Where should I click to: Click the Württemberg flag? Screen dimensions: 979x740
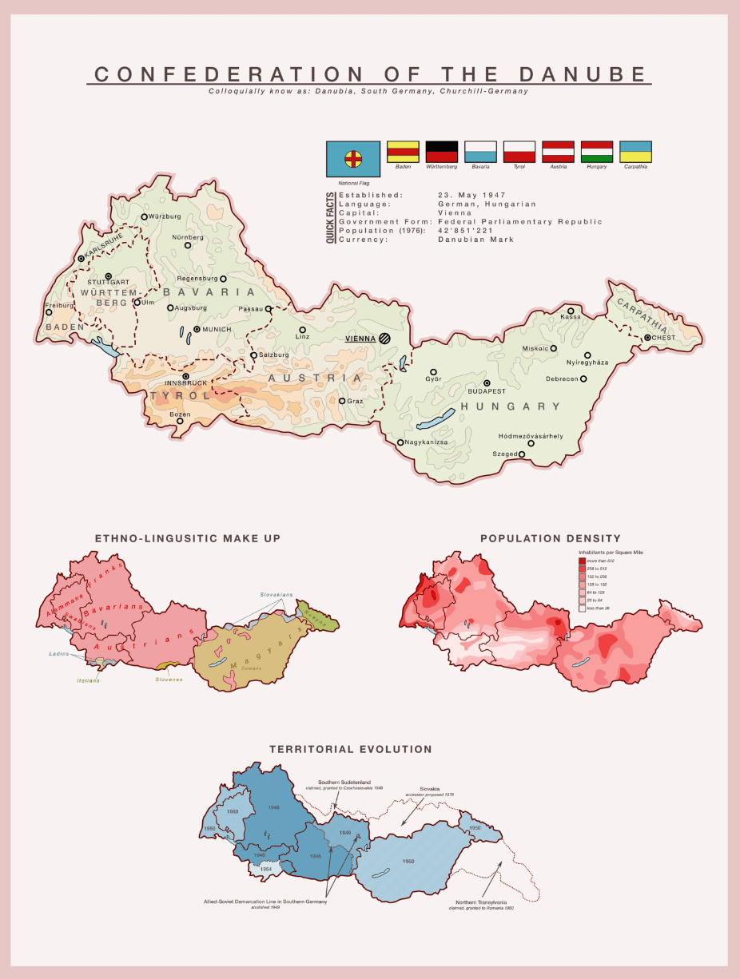(441, 152)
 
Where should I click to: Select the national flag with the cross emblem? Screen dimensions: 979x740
(353, 159)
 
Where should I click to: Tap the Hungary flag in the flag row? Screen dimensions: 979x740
(597, 152)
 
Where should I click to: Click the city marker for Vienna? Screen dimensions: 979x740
(385, 339)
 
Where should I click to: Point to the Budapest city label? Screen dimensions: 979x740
(487, 391)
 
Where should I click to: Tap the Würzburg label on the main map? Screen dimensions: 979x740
(165, 216)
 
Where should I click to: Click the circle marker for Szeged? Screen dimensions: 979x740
(522, 454)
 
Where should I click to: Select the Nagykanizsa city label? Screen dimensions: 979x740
(427, 442)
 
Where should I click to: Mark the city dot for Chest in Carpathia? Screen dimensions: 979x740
(647, 338)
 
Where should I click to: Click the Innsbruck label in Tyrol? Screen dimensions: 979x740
(186, 383)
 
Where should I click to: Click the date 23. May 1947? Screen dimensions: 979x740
(471, 195)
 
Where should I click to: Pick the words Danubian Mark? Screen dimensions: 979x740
(476, 240)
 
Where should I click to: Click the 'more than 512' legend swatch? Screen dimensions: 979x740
(583, 561)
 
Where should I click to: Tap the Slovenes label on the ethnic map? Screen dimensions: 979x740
(169, 680)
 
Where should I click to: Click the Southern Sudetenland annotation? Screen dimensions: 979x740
(344, 783)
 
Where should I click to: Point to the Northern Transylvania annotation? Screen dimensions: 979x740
(480, 902)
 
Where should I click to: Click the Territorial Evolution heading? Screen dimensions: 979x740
(350, 750)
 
